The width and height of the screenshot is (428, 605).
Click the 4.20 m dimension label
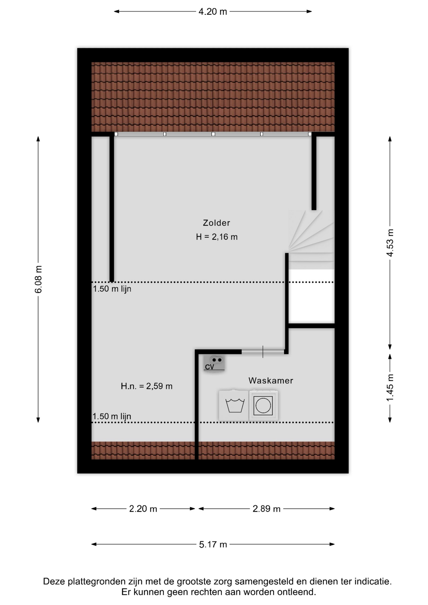(x=213, y=12)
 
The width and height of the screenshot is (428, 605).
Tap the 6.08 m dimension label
(x=38, y=279)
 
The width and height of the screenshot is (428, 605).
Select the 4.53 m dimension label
(x=390, y=243)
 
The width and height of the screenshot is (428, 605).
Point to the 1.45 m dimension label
(x=390, y=388)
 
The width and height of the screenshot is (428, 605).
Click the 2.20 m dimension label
(x=143, y=509)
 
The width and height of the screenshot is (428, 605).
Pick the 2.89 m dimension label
(x=266, y=509)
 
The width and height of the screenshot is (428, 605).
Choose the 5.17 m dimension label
(x=213, y=544)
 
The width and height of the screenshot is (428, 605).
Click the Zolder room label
(x=217, y=223)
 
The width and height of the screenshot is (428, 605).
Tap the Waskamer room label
(x=271, y=381)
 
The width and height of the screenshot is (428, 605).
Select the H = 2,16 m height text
(x=217, y=237)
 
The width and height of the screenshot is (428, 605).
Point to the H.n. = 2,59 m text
(x=147, y=386)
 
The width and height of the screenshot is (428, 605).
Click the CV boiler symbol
(x=214, y=363)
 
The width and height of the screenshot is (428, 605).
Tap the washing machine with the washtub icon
(x=234, y=405)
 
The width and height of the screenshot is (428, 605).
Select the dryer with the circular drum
(x=263, y=405)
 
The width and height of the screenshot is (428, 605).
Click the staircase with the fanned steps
(x=311, y=236)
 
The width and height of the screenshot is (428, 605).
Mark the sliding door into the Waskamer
(x=263, y=352)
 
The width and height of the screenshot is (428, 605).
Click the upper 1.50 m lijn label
(x=112, y=289)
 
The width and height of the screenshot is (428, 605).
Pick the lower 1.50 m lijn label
(x=112, y=416)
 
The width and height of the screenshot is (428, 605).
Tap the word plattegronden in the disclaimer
(x=95, y=582)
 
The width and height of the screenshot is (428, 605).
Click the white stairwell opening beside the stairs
(x=311, y=296)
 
